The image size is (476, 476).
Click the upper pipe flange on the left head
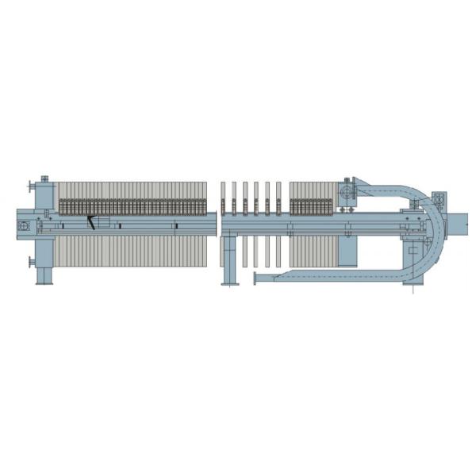[31, 186]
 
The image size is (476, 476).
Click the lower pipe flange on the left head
[31, 261]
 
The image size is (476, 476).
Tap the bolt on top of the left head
[44, 178]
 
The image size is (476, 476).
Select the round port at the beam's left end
[22, 227]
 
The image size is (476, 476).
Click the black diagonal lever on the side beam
[91, 223]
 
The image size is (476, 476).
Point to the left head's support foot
[44, 275]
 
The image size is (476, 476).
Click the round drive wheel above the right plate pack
[345, 193]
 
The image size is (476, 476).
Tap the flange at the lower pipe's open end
[255, 278]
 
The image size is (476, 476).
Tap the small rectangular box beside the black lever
[104, 222]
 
